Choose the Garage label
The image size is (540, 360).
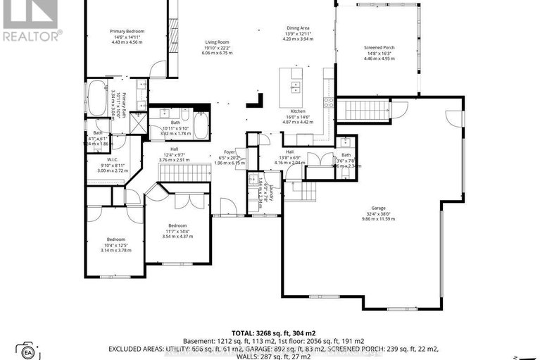click(x=379, y=208)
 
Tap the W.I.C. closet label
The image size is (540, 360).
click(x=96, y=159)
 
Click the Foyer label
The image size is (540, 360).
click(x=229, y=151)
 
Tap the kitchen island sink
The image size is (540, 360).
click(x=296, y=87)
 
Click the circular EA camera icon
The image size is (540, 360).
click(x=29, y=351)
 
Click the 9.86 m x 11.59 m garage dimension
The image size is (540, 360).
click(x=379, y=219)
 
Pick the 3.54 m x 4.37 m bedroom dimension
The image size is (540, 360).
click(x=177, y=236)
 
